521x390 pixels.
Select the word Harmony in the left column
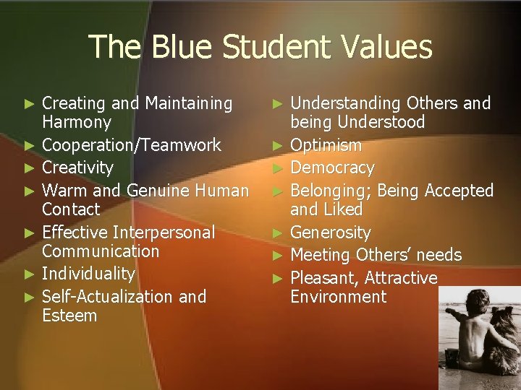77,122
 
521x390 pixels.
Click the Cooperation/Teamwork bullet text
131,144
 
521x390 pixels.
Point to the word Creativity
77,168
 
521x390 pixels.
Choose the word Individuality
88,273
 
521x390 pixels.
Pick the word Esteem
69,316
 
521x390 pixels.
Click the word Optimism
326,145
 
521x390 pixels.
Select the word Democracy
332,168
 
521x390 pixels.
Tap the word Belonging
330,191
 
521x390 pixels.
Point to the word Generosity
330,233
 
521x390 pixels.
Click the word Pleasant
324,278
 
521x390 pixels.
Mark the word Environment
338,297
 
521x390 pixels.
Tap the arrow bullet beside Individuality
29,274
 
